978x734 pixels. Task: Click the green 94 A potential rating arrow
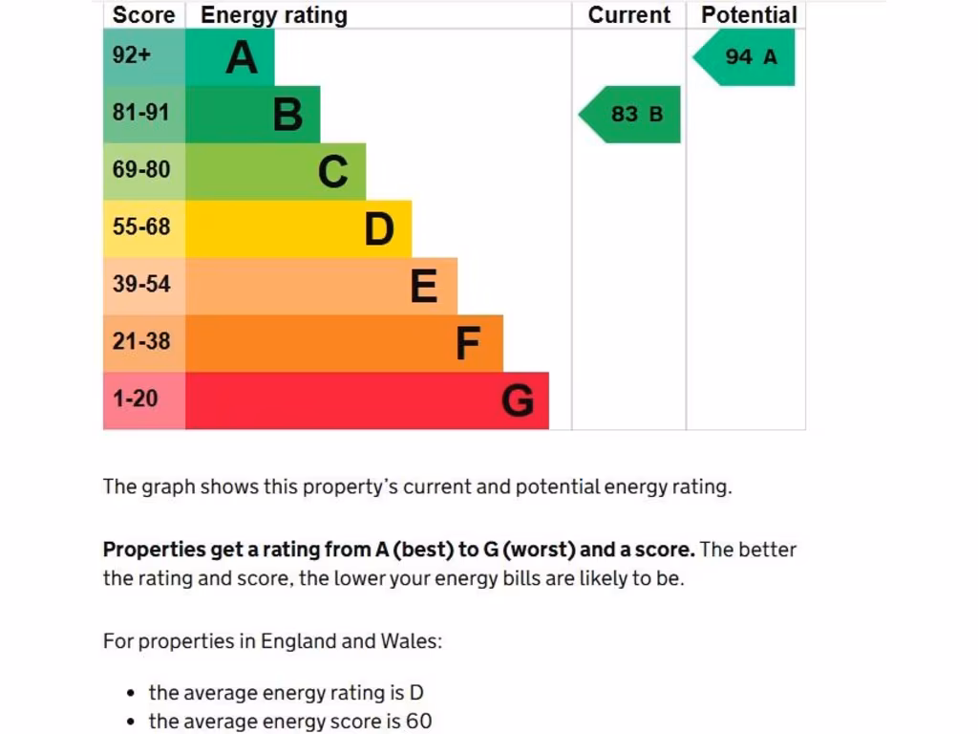(x=746, y=57)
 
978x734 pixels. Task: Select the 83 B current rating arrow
(x=632, y=115)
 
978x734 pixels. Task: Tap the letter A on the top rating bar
(x=242, y=57)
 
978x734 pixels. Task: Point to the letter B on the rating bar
(x=287, y=115)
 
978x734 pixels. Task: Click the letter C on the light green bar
(x=333, y=172)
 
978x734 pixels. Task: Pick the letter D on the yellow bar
(x=379, y=229)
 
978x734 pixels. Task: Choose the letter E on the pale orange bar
(x=424, y=286)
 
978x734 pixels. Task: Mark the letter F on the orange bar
(x=468, y=343)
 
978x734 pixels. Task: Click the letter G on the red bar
(x=518, y=400)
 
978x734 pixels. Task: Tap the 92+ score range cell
(x=132, y=55)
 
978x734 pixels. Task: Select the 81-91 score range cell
(x=140, y=113)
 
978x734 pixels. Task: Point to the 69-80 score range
(x=140, y=170)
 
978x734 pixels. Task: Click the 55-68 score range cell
(x=140, y=227)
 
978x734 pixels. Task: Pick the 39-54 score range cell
(x=140, y=284)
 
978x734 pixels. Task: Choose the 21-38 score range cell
(x=140, y=341)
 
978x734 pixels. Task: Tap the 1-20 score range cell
(x=136, y=399)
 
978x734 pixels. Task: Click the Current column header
(x=629, y=15)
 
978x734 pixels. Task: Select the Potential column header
(x=749, y=15)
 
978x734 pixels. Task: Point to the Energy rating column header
(x=274, y=15)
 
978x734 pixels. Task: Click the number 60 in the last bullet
(x=419, y=722)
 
